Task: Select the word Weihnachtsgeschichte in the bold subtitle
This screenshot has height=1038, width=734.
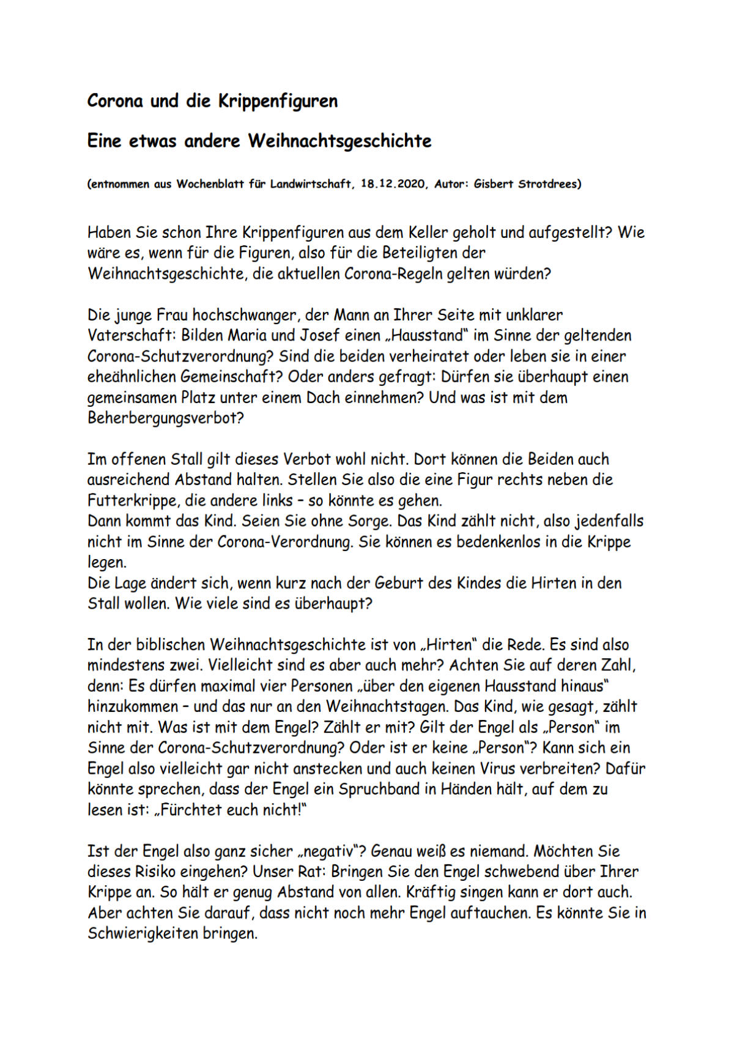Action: click(339, 141)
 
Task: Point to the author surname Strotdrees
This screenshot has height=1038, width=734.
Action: click(543, 184)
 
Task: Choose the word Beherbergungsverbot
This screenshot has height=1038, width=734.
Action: click(166, 419)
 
